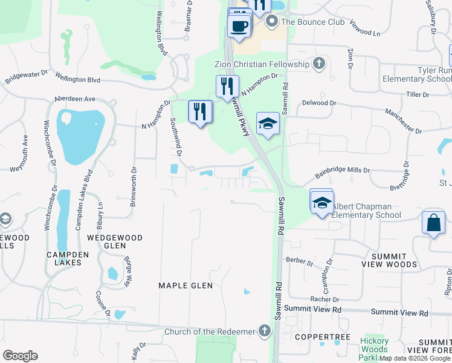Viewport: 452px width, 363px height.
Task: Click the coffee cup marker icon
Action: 240,27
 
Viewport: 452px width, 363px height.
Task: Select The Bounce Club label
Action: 313,22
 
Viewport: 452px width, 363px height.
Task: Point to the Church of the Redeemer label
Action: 211,332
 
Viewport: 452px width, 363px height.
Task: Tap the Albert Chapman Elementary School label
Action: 366,211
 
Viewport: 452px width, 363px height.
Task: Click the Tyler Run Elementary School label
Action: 418,75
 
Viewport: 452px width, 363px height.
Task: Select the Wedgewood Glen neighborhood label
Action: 115,242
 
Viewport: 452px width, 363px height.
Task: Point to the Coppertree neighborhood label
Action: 313,336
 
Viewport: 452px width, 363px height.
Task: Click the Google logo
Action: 20,355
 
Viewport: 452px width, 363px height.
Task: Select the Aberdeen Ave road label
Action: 75,99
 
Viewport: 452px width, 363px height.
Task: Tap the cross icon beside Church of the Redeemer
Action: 264,330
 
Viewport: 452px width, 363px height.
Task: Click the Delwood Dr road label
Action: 318,103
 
